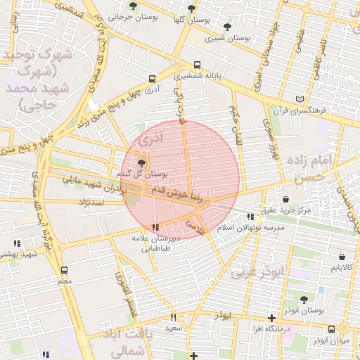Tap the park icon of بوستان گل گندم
pos(132,163)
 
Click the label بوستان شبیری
pos(231,39)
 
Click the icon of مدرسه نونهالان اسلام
pos(250,217)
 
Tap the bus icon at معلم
pos(65,270)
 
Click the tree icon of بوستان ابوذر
pos(304,299)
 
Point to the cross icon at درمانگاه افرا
pos(271,319)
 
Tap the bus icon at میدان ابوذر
pos(332,329)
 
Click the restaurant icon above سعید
pos(173,317)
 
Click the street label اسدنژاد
pos(93,202)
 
